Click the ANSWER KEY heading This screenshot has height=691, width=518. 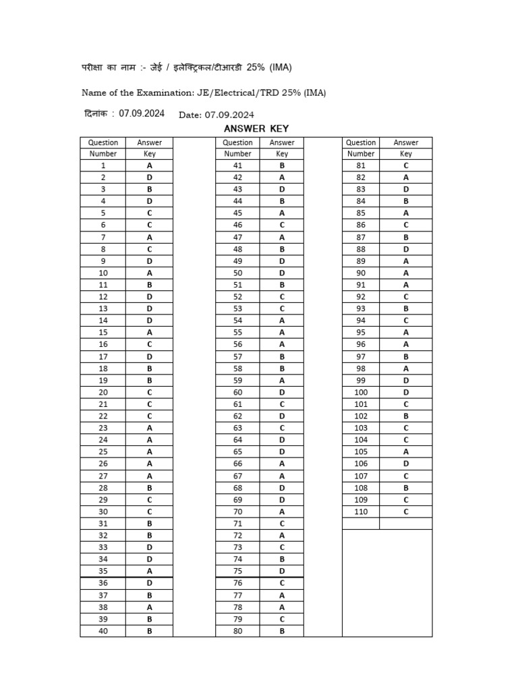tap(256, 129)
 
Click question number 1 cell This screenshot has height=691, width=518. tap(103, 165)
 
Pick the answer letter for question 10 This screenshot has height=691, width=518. tap(149, 273)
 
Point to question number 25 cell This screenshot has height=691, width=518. tap(103, 451)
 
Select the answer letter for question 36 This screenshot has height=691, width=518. tap(149, 583)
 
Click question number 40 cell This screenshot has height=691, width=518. tap(103, 631)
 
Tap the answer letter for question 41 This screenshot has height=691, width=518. tap(282, 165)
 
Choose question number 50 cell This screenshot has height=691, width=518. tap(237, 273)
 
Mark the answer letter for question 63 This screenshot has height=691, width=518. tap(282, 428)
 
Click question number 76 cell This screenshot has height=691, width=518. tap(237, 583)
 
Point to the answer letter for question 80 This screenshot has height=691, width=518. tap(282, 631)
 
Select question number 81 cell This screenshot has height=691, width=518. tap(361, 165)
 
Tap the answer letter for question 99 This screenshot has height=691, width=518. tap(406, 380)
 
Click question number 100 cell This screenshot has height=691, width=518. tap(361, 392)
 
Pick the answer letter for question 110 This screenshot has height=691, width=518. tap(406, 512)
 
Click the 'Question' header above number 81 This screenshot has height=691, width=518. tap(361, 142)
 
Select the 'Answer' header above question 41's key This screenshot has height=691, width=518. tap(282, 142)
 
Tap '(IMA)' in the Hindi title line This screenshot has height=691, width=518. tap(281, 67)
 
